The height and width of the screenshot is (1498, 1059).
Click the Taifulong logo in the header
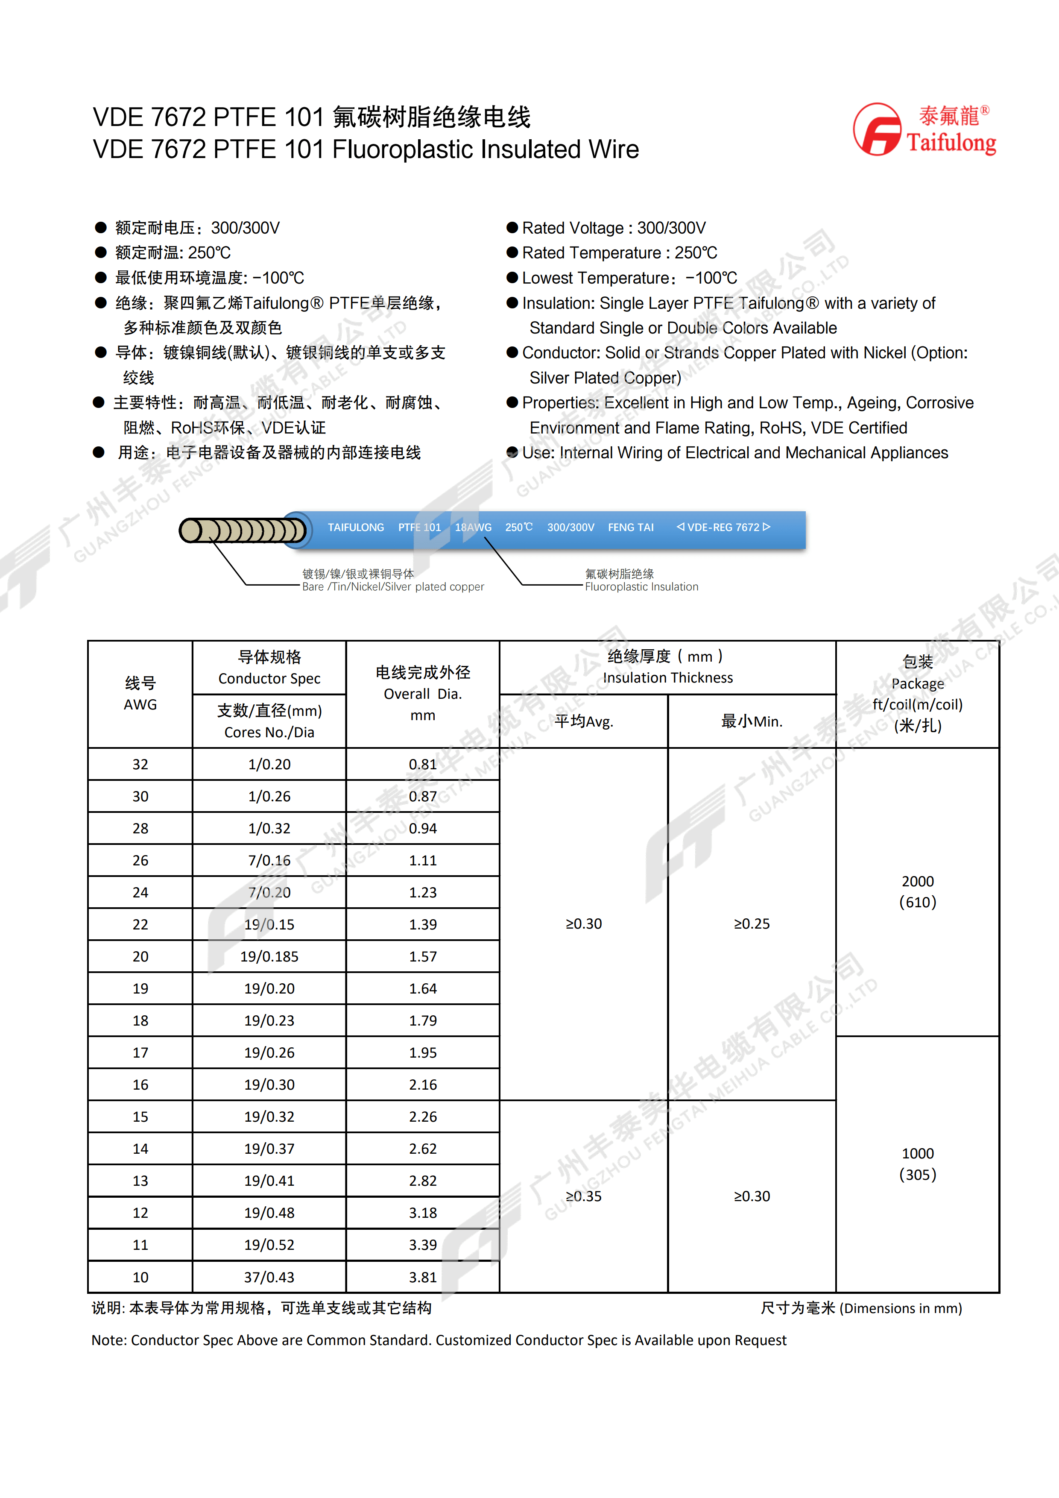(x=924, y=130)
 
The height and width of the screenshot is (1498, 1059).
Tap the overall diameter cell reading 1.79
(x=423, y=1020)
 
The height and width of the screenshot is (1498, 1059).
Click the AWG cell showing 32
(x=140, y=764)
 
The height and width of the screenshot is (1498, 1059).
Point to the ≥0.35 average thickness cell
(x=584, y=1196)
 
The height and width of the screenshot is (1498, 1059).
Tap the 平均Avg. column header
(x=584, y=721)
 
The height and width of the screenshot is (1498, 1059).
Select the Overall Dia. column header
(x=423, y=694)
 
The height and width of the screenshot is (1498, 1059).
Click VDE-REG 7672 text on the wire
(x=723, y=527)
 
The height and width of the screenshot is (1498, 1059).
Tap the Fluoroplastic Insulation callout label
(x=641, y=586)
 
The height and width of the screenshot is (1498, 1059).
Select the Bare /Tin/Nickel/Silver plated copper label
(x=392, y=586)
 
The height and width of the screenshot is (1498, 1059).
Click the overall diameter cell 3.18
(x=423, y=1213)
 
